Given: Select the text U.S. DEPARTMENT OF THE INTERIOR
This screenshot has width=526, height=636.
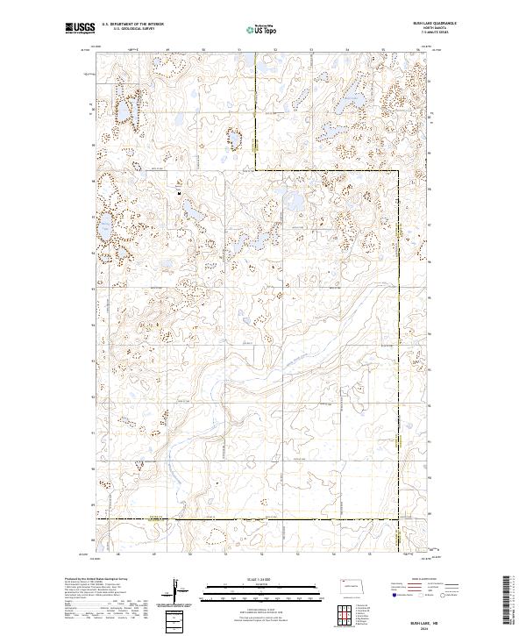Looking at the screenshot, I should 132,25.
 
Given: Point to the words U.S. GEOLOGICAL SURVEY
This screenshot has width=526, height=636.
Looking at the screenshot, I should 132,30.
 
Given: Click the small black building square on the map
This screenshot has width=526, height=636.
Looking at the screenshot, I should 179,192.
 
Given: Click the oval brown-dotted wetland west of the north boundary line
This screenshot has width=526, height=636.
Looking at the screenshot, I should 234,138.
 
